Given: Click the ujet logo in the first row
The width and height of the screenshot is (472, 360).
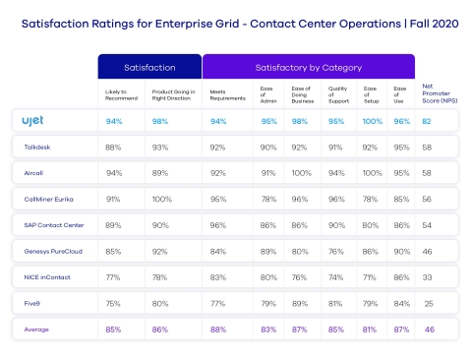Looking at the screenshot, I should [32, 120].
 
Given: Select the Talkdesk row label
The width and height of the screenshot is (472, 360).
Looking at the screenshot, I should [37, 147].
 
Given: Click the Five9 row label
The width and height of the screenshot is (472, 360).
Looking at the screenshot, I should [32, 303].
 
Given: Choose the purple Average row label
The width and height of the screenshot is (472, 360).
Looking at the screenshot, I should [35, 330].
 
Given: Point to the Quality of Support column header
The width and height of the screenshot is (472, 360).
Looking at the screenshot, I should [335, 93].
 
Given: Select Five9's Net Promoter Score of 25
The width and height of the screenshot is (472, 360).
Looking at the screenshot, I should [428, 303].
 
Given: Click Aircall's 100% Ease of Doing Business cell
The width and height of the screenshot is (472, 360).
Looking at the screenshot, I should [302, 172].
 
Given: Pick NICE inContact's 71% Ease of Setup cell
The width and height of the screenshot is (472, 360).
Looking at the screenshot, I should [370, 277].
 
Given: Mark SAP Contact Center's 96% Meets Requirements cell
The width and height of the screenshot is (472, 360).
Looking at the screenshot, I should [217, 225].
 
